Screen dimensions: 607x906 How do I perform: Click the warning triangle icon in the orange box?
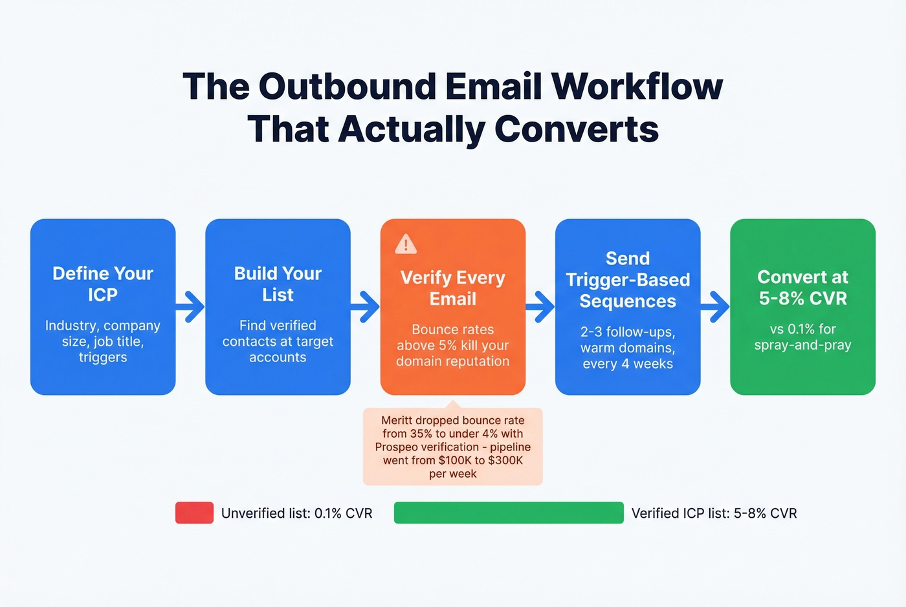406,244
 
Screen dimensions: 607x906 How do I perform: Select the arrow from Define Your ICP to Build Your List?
190,306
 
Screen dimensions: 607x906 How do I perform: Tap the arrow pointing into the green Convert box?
715,306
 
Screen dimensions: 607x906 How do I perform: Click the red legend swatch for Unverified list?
194,513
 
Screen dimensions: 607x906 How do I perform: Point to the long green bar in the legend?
509,513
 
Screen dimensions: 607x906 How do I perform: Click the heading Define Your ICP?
103,284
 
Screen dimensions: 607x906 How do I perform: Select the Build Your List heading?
278,284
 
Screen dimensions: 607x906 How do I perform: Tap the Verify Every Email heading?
453,288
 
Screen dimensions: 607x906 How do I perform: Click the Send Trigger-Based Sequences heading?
628,280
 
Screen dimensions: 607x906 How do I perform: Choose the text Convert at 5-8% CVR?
802,288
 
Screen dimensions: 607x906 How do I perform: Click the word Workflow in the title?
637,86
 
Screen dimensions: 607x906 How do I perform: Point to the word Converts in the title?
576,129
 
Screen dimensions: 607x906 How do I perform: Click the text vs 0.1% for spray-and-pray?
802,337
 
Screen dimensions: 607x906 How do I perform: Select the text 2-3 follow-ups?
628,332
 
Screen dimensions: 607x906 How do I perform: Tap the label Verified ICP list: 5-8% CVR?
714,513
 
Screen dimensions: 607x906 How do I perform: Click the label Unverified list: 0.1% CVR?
296,513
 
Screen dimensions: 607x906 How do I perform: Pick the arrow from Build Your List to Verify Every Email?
366,306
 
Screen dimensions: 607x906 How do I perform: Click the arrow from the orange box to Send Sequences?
540,306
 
